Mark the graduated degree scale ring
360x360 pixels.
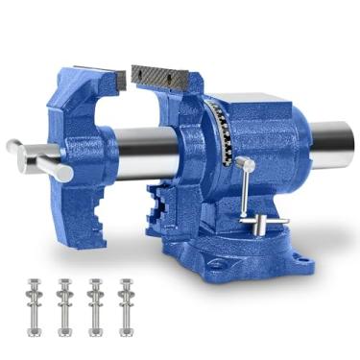(222, 134)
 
